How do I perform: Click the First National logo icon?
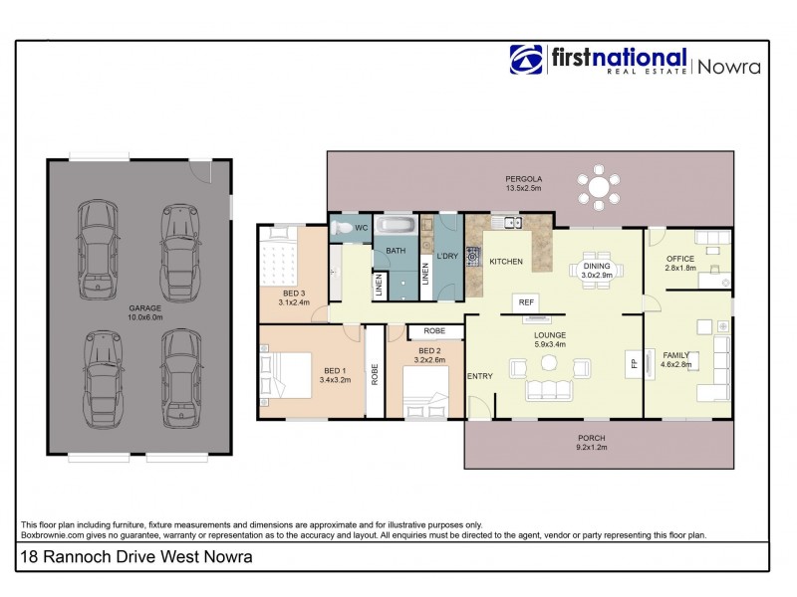tap(526, 61)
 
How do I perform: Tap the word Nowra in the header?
tap(728, 67)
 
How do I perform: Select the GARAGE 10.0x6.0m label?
tap(144, 312)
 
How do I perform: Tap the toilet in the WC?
tap(342, 228)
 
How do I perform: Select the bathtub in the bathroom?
tap(396, 226)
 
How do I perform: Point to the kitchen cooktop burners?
tap(472, 254)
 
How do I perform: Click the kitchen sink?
tap(513, 221)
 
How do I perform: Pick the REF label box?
tap(525, 301)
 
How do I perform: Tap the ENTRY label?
tap(479, 375)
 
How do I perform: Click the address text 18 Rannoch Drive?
tap(135, 557)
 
